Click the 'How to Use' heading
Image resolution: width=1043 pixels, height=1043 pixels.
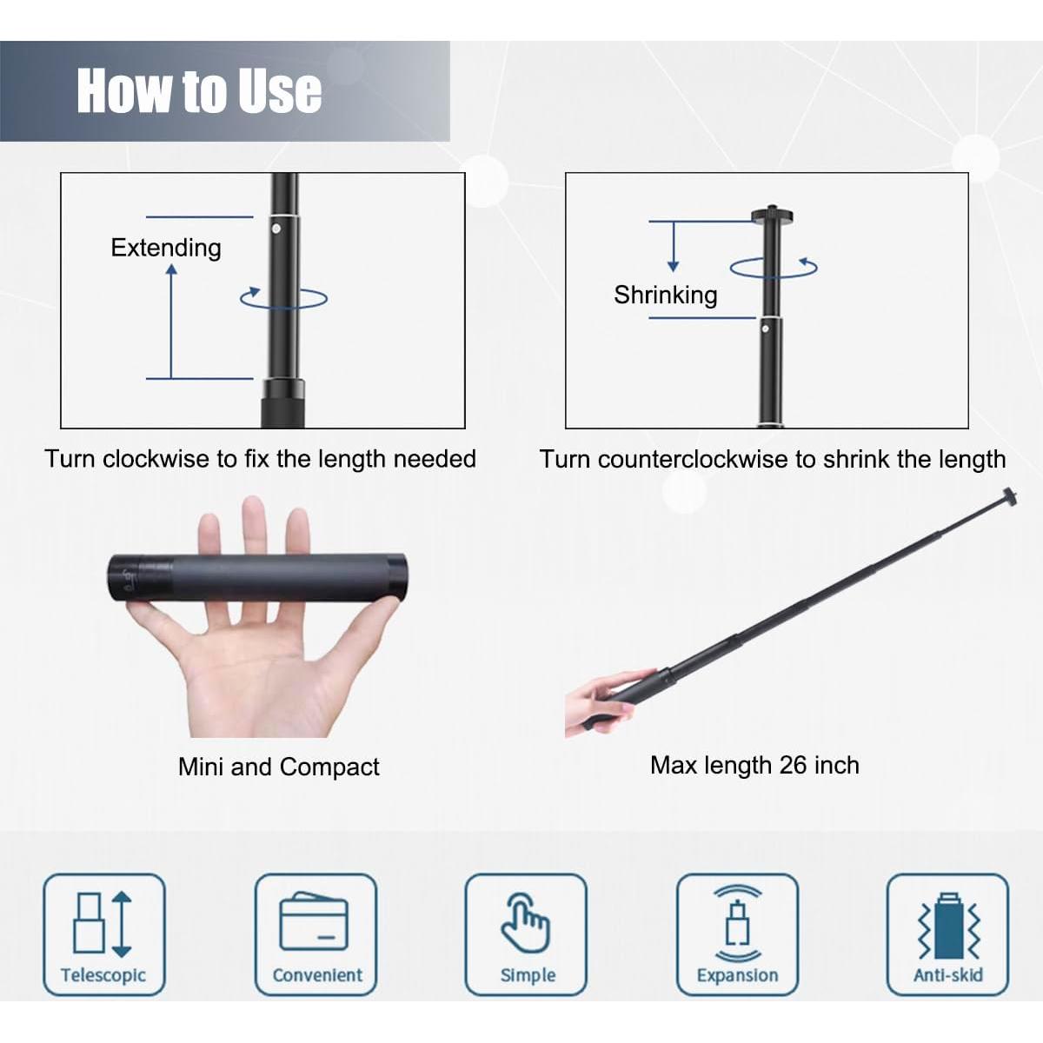(199, 91)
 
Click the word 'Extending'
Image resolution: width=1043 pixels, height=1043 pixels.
(166, 248)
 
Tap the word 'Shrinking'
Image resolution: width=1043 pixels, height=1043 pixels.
(665, 295)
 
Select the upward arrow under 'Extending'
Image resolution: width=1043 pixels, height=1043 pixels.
(171, 322)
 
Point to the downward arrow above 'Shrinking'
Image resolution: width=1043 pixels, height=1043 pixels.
(674, 246)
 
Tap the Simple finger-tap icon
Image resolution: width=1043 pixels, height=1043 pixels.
(526, 923)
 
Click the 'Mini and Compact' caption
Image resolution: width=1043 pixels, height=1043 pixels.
(279, 767)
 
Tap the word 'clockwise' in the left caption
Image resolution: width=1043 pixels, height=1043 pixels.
(156, 459)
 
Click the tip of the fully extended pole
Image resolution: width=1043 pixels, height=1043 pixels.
(1010, 495)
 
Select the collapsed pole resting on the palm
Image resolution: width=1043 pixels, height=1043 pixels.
(257, 577)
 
